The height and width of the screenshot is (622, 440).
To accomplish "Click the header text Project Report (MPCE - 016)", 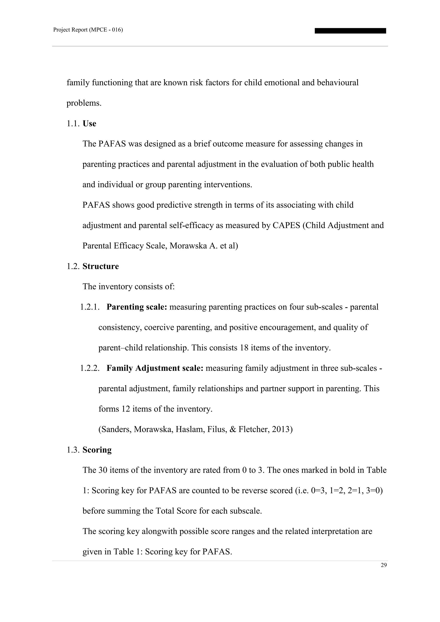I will click(x=88, y=30).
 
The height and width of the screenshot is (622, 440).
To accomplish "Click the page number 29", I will click(x=384, y=565).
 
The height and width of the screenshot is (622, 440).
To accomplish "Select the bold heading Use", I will click(x=89, y=123).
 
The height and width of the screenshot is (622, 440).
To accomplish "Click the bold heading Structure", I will click(x=101, y=266).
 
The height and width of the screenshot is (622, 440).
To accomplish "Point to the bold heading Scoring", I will click(x=97, y=450).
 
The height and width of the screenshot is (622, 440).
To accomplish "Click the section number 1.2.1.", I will click(x=90, y=307).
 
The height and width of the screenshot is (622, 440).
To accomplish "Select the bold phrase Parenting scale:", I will click(x=137, y=307).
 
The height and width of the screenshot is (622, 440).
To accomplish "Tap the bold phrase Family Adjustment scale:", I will click(x=155, y=368).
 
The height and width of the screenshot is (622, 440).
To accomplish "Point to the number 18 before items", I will click(x=244, y=348).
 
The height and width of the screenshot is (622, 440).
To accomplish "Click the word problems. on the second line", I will click(x=84, y=103).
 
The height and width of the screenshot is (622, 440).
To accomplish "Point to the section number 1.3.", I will click(x=73, y=450).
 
